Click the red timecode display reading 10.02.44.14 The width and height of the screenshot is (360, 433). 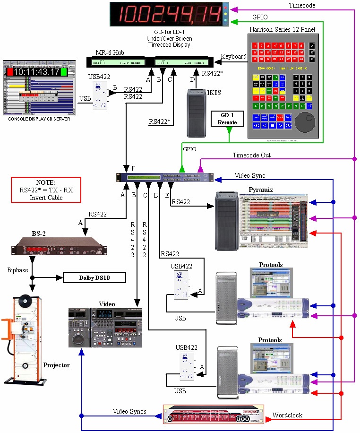[166, 14]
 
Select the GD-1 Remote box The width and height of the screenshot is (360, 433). [228, 119]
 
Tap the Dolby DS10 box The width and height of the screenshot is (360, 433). [94, 277]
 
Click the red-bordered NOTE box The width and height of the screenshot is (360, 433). [46, 190]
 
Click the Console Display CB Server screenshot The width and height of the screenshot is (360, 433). [39, 87]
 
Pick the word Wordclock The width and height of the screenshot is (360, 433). [287, 415]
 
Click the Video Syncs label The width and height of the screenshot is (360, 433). [129, 412]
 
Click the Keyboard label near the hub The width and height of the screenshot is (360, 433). [233, 56]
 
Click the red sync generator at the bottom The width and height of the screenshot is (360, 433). [213, 415]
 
